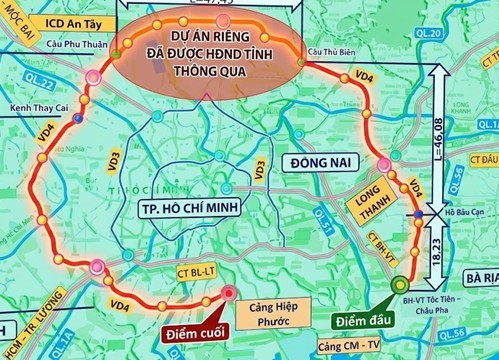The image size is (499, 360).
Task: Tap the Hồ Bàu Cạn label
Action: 461,212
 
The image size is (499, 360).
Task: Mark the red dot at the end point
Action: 229,293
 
